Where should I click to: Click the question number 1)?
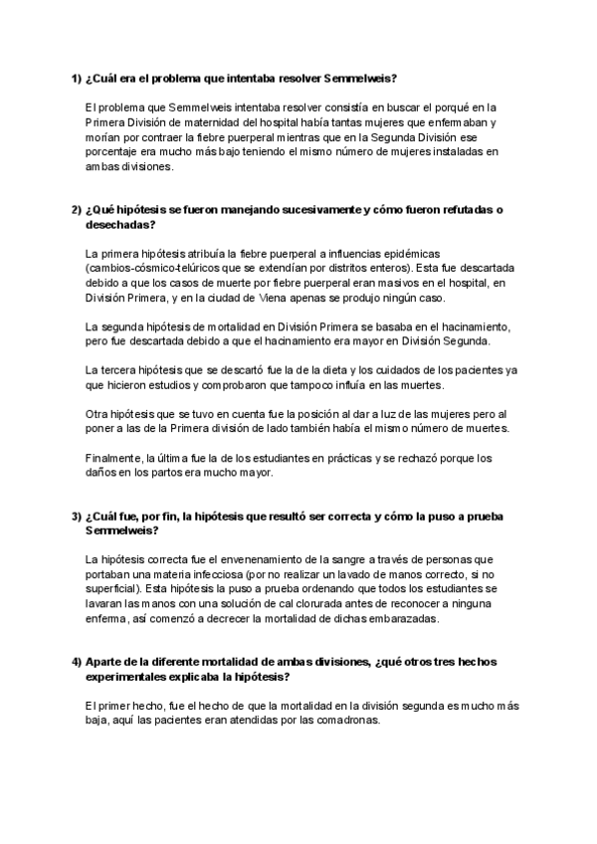[x=76, y=79]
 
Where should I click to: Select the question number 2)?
[x=76, y=209]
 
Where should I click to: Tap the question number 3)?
[x=76, y=517]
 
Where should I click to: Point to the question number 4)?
[x=76, y=663]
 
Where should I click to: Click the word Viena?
[x=275, y=299]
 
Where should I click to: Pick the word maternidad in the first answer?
[x=200, y=122]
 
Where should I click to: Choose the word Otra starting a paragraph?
[x=99, y=414]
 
